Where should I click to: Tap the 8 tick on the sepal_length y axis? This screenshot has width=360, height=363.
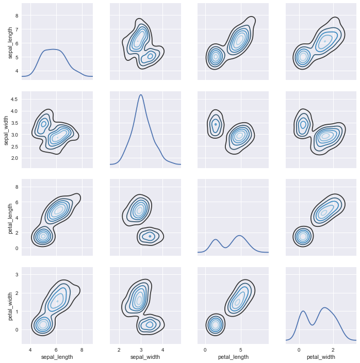pos(17,15)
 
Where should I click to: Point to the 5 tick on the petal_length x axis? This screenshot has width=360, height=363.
pos(240,349)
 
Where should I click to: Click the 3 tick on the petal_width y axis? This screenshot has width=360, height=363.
pos(17,275)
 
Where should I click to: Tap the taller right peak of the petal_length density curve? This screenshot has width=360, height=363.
pos(239,236)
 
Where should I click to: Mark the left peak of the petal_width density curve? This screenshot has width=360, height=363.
pos(303,311)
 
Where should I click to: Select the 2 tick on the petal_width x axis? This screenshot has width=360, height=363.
pos(333,349)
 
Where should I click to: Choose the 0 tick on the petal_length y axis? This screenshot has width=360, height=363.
pos(17,248)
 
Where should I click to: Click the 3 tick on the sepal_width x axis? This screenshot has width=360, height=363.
pos(141,349)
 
